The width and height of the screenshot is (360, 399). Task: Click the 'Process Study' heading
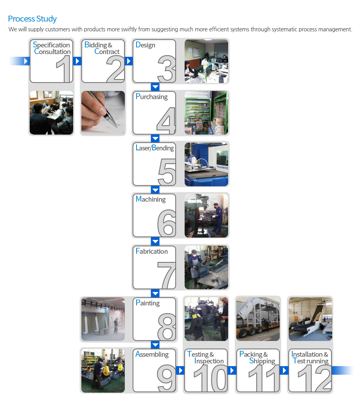(32, 19)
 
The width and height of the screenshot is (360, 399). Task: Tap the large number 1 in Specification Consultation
(64, 69)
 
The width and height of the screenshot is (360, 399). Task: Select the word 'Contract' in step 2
(107, 52)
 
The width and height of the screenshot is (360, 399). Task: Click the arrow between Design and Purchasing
(155, 87)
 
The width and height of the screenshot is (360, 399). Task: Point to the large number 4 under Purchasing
(166, 121)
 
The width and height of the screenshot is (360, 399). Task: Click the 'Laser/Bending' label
(155, 148)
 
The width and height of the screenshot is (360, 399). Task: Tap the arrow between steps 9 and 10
(180, 370)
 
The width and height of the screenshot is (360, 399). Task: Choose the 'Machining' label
(151, 199)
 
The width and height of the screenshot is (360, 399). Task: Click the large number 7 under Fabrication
(167, 275)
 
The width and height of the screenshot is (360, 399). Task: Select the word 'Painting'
(148, 303)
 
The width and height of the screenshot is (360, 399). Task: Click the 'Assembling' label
(152, 354)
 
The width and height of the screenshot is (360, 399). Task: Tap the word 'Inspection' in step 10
(209, 361)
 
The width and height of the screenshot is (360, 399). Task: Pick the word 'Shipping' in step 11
(262, 361)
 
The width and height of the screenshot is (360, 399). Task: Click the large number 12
(314, 378)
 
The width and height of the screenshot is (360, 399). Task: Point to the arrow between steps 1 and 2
(77, 61)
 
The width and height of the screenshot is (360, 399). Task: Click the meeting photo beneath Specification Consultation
(51, 113)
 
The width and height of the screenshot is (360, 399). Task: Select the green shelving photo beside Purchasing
(206, 113)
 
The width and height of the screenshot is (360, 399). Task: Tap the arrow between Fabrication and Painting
(155, 293)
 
